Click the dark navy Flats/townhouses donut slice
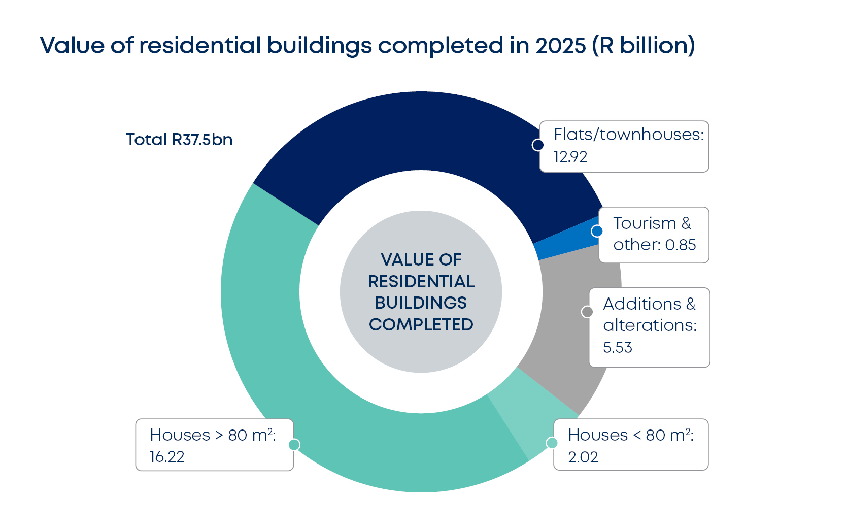click(x=406, y=132)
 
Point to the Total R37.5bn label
click(x=179, y=140)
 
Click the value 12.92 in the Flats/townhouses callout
click(x=570, y=157)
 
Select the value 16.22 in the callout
click(x=167, y=457)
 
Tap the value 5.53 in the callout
click(x=618, y=348)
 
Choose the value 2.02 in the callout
click(x=583, y=457)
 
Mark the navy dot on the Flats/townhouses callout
click(x=538, y=145)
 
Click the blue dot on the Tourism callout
click(x=597, y=231)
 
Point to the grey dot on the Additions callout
click(x=587, y=312)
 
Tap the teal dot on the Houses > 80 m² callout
click(x=294, y=445)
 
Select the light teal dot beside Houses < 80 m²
click(x=552, y=443)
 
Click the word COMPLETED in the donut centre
click(x=421, y=325)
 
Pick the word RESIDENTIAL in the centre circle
click(x=421, y=281)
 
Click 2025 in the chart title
click(x=561, y=46)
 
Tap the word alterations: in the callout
click(x=650, y=325)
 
